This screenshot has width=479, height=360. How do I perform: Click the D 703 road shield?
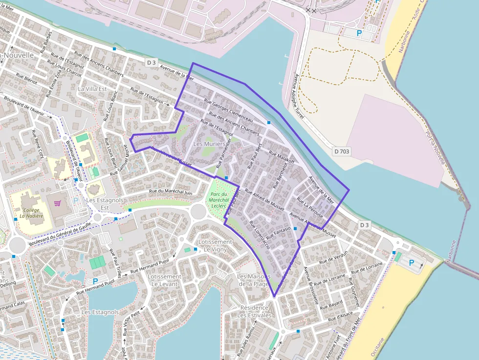342,151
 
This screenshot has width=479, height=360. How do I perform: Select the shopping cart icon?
58,203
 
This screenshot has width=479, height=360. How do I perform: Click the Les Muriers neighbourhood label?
209,144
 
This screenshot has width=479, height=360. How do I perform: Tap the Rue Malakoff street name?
282,156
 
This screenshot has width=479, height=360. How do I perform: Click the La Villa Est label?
92,89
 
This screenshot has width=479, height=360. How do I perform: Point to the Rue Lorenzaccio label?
259,234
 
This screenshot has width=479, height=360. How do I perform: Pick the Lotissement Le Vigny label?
216,245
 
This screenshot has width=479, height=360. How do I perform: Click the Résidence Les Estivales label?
254,311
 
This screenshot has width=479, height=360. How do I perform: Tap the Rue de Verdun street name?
333,257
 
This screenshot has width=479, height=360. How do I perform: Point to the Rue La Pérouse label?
310,208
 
